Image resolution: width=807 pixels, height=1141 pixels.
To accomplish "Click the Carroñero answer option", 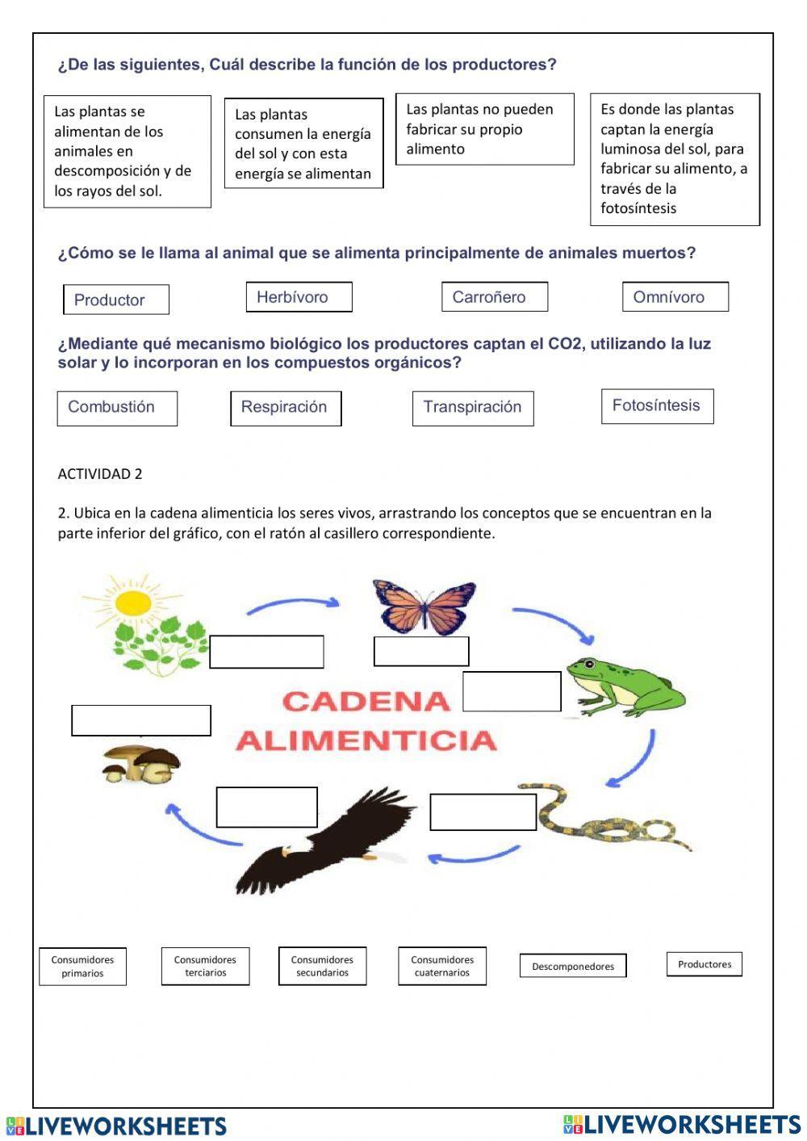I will (494, 296).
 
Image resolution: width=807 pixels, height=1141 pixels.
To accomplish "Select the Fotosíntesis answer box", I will (657, 405).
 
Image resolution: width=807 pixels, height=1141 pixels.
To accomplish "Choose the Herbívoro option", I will (299, 296).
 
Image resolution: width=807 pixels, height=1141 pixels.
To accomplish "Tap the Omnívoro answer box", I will (675, 296).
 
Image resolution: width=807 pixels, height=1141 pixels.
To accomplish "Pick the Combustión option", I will (117, 408).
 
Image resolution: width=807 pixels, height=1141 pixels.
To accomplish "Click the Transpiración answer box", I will (473, 408).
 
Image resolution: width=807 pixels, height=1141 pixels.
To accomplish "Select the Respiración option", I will (286, 408).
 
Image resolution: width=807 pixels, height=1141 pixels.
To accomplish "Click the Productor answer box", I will (116, 300).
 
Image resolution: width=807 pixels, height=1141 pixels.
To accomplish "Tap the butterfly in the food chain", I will (424, 606).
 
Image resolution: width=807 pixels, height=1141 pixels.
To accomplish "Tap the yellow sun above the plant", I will (133, 602).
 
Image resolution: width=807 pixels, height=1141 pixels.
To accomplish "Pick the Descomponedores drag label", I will (573, 966).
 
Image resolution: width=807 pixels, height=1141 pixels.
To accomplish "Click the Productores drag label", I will (704, 964).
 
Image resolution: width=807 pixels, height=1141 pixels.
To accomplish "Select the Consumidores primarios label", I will (82, 966).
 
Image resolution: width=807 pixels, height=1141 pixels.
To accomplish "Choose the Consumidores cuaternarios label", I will (442, 966).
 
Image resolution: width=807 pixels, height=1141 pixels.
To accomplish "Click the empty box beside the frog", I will (512, 691).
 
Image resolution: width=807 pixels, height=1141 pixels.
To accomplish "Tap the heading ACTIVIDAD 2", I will (100, 474).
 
